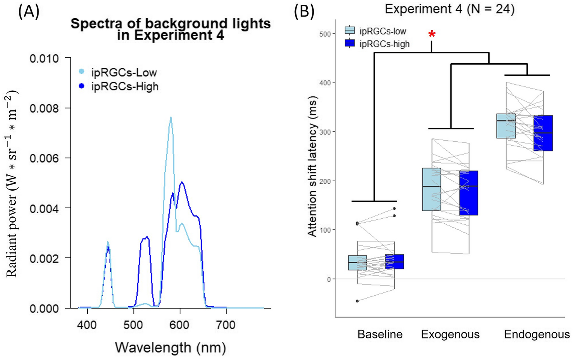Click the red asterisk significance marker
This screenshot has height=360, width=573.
[x=432, y=35]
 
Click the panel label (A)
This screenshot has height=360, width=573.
[x=28, y=12]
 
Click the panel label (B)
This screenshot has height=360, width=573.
[x=304, y=12]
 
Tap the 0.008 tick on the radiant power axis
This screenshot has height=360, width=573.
[x=44, y=108]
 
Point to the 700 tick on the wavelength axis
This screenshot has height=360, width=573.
[x=226, y=325]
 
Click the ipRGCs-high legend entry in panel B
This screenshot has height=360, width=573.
[x=384, y=44]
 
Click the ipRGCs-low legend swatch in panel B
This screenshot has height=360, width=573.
[x=349, y=31]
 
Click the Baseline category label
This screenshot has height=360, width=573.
[x=380, y=334]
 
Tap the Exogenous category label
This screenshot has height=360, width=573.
[x=450, y=334]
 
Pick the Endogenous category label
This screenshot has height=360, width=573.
[x=536, y=334]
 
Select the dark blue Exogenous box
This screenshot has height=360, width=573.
[x=469, y=193]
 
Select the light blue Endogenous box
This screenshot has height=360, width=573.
[x=506, y=126]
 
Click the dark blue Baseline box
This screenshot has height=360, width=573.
[x=394, y=261]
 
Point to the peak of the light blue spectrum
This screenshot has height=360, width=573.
[x=171, y=118]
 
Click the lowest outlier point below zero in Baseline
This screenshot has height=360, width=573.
[x=357, y=301]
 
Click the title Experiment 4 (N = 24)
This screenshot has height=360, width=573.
[x=449, y=9]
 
